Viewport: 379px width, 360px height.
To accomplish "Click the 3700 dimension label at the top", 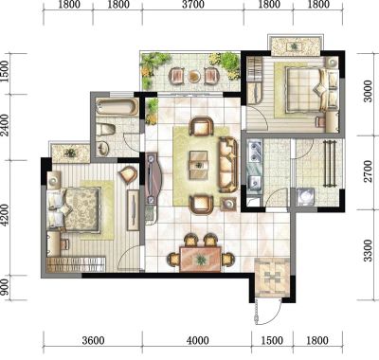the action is tap(193, 5).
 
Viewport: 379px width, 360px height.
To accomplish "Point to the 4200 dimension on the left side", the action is tap(5, 215).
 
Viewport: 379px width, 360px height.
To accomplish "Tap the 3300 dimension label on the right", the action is tap(368, 251).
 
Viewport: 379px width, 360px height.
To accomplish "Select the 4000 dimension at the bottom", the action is tap(198, 341).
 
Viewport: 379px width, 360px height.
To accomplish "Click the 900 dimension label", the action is tap(5, 288).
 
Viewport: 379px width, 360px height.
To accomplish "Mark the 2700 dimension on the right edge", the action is tap(368, 171).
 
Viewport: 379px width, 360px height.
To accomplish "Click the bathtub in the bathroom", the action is tap(117, 107).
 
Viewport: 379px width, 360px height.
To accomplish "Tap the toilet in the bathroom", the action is tap(106, 130).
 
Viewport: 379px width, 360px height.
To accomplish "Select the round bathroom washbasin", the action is tap(103, 148).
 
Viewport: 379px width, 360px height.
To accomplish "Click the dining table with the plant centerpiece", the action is tap(200, 260).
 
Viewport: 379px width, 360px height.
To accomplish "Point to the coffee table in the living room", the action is tap(199, 165).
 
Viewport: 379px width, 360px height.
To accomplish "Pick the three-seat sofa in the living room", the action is tap(228, 165).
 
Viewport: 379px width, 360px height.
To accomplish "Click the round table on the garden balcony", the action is tap(194, 76).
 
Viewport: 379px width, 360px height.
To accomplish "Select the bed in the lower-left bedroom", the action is tap(73, 209).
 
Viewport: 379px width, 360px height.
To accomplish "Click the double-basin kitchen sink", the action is tap(255, 151).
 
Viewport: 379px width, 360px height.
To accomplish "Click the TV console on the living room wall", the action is tap(154, 177).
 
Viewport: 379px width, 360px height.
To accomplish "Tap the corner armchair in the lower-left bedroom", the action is tap(128, 174).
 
